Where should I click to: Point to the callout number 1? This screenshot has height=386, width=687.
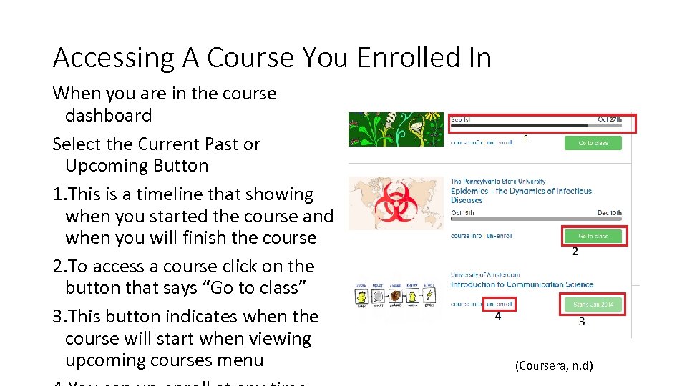(526, 139)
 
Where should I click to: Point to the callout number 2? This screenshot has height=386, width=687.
(575, 252)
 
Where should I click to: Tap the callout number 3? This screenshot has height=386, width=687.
(581, 322)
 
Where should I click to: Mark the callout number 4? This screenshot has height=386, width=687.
(497, 316)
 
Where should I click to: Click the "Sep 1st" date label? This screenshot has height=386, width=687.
(461, 119)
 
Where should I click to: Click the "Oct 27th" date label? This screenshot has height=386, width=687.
(610, 119)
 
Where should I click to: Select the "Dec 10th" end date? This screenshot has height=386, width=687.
(610, 212)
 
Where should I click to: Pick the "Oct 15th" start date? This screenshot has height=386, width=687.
(462, 212)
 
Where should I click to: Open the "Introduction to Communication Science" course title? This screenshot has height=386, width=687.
(522, 284)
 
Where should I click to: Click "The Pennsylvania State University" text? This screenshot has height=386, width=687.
(497, 182)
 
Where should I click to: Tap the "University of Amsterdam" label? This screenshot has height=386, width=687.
(484, 274)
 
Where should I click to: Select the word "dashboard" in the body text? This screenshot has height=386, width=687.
(108, 115)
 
